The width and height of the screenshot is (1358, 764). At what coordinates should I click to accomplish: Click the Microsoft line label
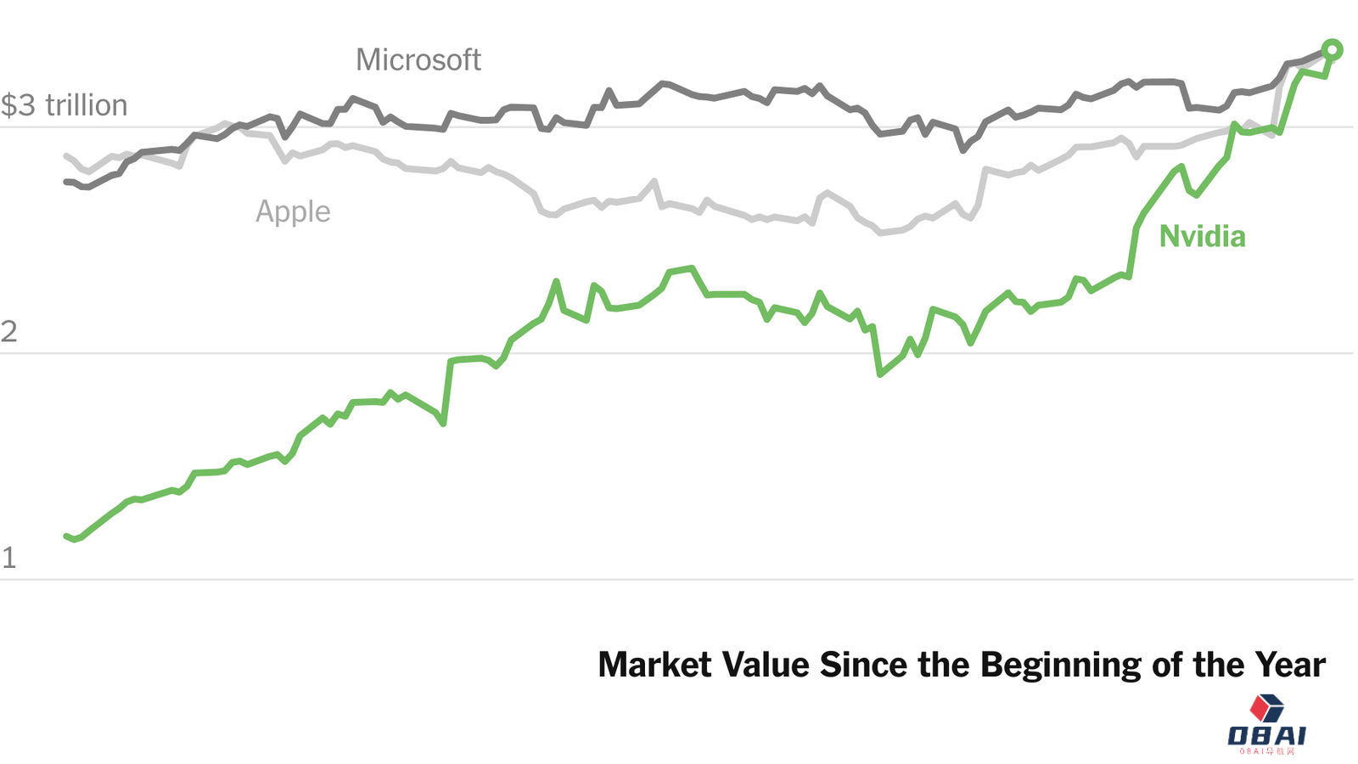(418, 60)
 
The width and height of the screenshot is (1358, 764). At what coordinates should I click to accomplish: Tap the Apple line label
(293, 211)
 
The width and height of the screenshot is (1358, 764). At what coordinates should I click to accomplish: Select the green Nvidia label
(1202, 236)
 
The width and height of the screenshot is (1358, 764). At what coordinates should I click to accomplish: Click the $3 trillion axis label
(64, 105)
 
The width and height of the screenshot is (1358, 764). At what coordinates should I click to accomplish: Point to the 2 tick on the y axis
(8, 331)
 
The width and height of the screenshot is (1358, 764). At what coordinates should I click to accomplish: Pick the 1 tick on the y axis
(8, 558)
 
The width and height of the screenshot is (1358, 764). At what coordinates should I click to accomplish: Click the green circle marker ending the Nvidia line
(1332, 50)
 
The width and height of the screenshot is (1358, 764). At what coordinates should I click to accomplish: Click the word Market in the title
(654, 665)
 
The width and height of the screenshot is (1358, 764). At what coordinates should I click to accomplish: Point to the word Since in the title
(865, 665)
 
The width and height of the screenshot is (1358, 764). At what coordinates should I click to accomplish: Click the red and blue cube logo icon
(1266, 708)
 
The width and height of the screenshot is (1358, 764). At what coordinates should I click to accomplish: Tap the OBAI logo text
(1266, 735)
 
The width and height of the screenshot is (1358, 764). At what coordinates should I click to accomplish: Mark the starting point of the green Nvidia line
(66, 536)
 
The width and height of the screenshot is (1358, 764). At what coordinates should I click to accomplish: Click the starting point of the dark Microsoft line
(66, 182)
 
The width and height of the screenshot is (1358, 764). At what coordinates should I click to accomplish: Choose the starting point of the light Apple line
(66, 156)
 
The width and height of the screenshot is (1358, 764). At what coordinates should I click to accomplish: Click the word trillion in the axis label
(87, 105)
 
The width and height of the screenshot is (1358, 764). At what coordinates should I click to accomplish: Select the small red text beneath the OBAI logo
(1266, 751)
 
